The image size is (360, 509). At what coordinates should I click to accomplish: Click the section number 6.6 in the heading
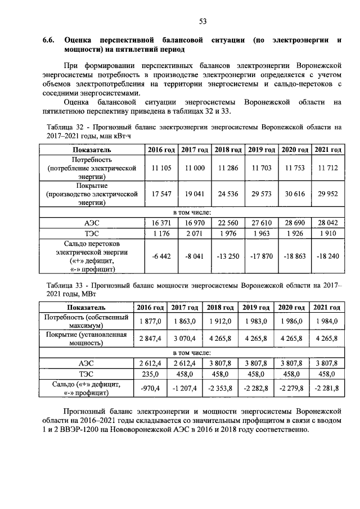pos(49,40)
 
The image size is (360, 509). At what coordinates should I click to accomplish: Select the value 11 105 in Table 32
pos(162,168)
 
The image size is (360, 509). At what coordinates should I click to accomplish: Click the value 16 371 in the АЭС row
pos(162,223)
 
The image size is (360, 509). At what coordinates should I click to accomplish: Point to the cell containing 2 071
pos(195,233)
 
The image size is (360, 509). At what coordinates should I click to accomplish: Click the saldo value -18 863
pos(295,256)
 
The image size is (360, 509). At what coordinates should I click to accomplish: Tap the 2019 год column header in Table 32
pos(262,150)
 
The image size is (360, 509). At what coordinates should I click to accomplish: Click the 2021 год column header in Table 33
pos(327,308)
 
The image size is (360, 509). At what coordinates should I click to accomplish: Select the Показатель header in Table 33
pos(86,308)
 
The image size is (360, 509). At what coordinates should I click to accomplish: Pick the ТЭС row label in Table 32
pos(92,233)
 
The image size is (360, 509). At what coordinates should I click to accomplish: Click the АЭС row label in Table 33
pos(86,364)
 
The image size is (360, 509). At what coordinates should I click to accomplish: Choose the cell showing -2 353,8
pos(220,388)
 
